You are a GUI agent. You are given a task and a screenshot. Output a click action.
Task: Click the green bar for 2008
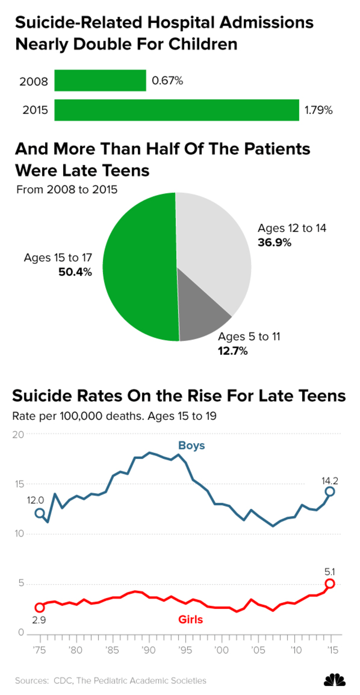100,81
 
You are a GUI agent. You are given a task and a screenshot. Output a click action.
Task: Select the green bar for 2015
177,110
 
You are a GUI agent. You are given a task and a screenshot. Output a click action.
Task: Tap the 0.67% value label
167,81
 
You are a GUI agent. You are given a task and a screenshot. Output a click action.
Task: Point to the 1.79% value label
319,110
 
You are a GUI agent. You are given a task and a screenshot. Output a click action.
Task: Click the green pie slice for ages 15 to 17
140,265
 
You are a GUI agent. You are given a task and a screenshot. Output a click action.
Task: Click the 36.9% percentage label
274,243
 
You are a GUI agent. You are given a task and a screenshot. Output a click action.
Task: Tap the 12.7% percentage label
233,351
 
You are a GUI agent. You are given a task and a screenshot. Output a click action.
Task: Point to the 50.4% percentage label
75,272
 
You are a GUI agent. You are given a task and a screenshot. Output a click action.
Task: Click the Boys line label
191,446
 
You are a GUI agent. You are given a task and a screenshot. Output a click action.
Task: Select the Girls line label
190,619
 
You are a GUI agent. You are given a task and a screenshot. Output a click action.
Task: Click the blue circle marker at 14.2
330,491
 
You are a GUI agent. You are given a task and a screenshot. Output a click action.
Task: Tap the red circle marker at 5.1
330,584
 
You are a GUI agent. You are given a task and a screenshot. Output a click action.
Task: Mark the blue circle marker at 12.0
40,513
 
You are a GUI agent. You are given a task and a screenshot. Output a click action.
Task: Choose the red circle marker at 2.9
40,607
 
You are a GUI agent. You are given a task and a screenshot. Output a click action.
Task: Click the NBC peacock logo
334,680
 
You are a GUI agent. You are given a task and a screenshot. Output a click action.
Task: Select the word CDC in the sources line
60,681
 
